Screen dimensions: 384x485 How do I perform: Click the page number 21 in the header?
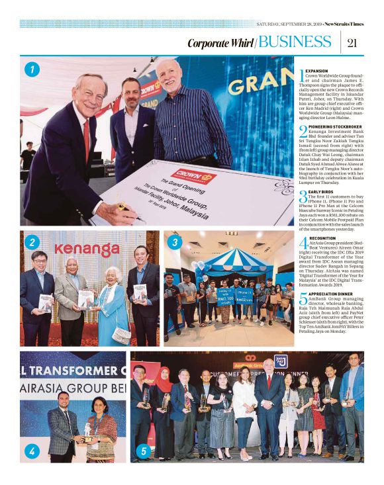pos(352,43)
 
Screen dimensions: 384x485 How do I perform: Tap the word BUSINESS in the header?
pos(296,43)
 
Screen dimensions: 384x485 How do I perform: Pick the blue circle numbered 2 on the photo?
pos(31,242)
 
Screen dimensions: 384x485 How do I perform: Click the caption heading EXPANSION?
pos(317,70)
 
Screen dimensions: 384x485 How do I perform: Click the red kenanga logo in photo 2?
pos(87,249)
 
